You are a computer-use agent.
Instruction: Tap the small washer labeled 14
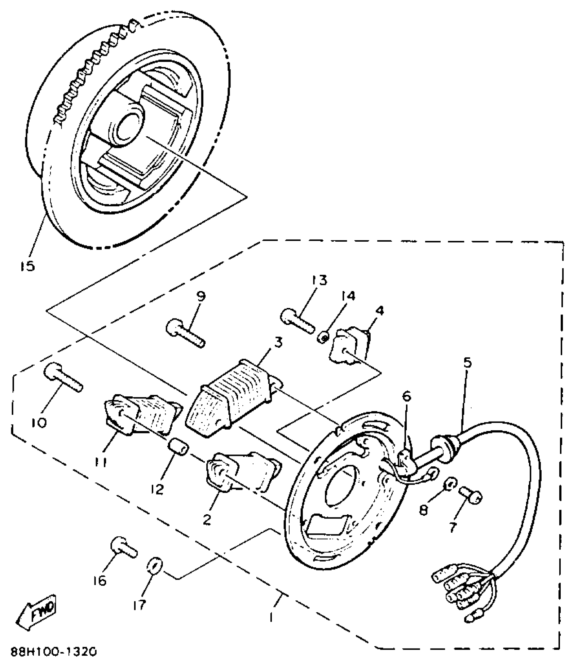[324, 338]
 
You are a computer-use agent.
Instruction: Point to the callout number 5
[468, 363]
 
